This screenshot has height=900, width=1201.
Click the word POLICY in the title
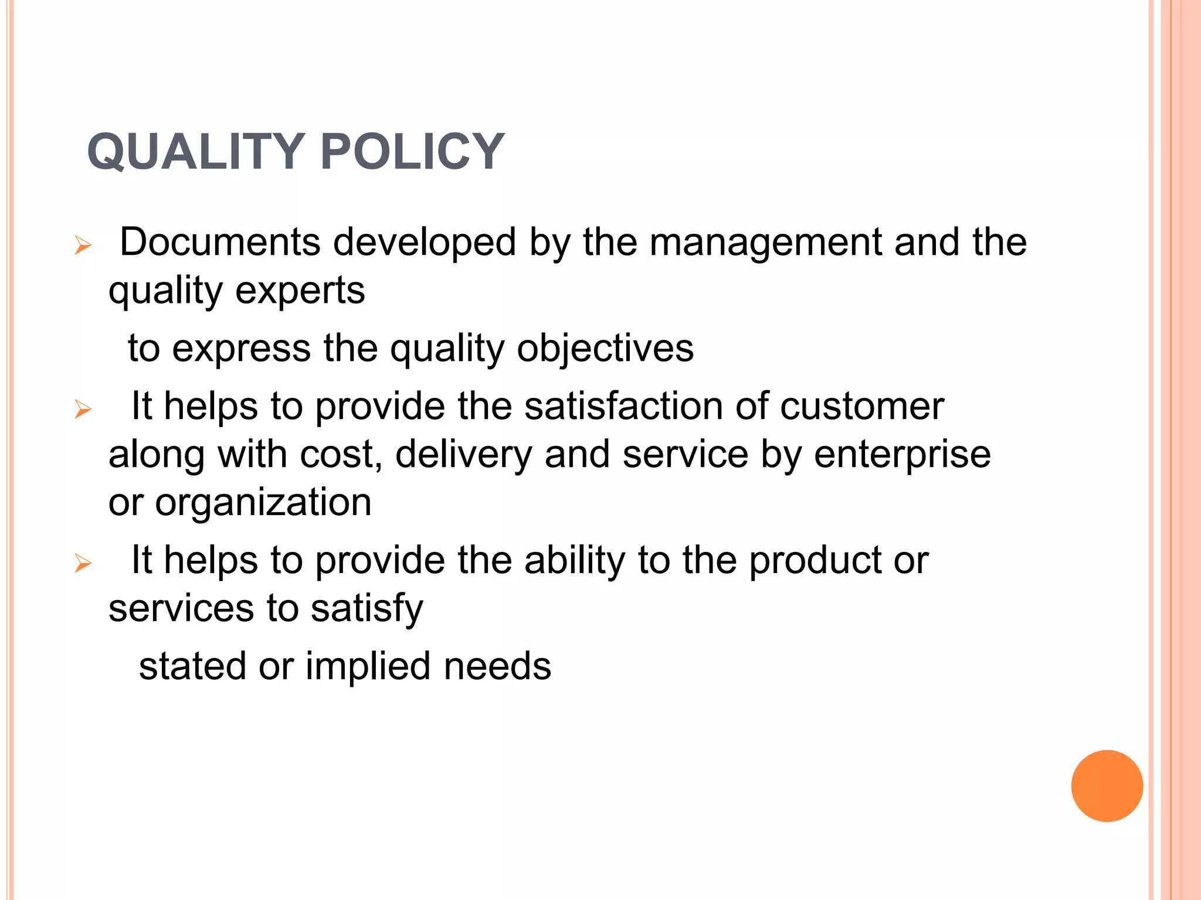click(x=412, y=152)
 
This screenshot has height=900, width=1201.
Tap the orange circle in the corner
click(x=1107, y=786)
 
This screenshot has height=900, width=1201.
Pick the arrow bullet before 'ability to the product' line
click(x=83, y=563)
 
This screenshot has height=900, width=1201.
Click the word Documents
click(x=220, y=242)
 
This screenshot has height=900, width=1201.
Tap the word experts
click(x=300, y=291)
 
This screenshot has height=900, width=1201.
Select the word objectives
click(x=605, y=349)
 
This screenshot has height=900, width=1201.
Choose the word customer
click(x=861, y=406)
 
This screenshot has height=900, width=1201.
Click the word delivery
click(x=463, y=455)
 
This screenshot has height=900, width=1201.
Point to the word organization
click(x=263, y=503)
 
